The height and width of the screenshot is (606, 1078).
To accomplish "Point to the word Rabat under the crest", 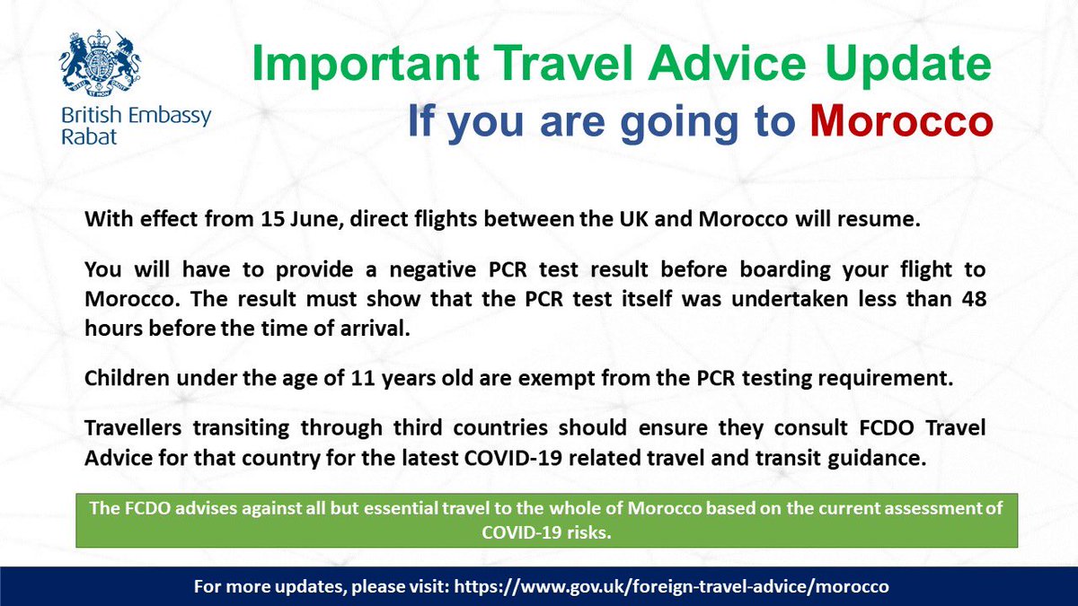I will coord(83,137).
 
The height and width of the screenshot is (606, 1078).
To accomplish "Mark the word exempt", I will coord(552,377).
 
